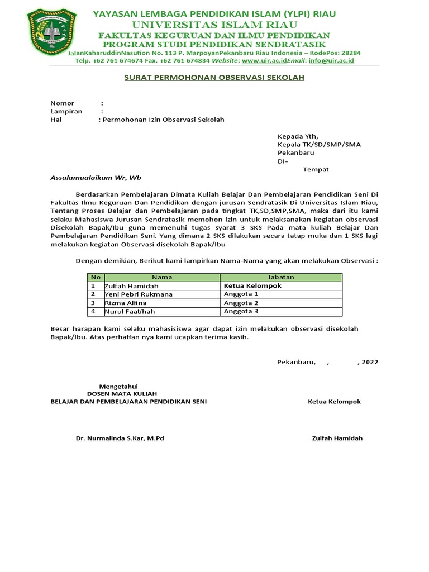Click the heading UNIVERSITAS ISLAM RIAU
(214, 25)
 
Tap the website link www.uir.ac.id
(264, 60)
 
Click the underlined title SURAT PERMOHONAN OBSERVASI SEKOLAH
(214, 78)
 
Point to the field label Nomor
(62, 103)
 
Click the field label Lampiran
(66, 111)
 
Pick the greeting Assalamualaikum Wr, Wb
(96, 178)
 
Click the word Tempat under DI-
(316, 169)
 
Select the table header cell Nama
(162, 277)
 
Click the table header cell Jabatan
(281, 277)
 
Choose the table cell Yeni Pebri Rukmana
(139, 294)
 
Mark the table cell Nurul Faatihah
(130, 311)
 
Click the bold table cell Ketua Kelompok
(252, 286)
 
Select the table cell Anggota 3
(241, 311)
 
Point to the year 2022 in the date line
(370, 362)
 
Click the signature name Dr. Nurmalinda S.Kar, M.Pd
(120, 438)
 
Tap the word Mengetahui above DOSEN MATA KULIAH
(118, 387)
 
